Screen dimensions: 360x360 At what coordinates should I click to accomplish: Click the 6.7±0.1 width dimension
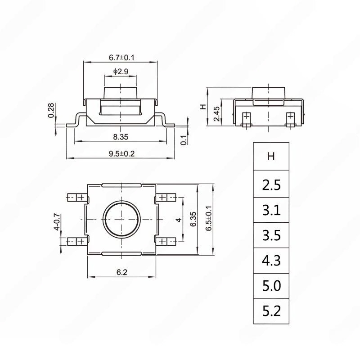(x=121, y=58)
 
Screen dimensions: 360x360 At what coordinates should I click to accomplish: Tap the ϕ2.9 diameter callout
(x=121, y=72)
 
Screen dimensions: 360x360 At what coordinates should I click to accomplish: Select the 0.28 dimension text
(x=51, y=110)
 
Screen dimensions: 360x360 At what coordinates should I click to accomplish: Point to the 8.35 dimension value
(x=121, y=137)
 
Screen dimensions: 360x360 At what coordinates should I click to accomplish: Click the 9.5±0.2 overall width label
(x=121, y=153)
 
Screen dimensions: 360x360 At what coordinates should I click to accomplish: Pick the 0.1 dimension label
(x=184, y=140)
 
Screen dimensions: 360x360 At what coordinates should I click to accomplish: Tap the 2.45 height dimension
(x=216, y=114)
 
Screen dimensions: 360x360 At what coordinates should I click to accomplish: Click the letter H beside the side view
(x=203, y=107)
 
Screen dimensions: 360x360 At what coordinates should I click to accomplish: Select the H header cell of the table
(x=271, y=156)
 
